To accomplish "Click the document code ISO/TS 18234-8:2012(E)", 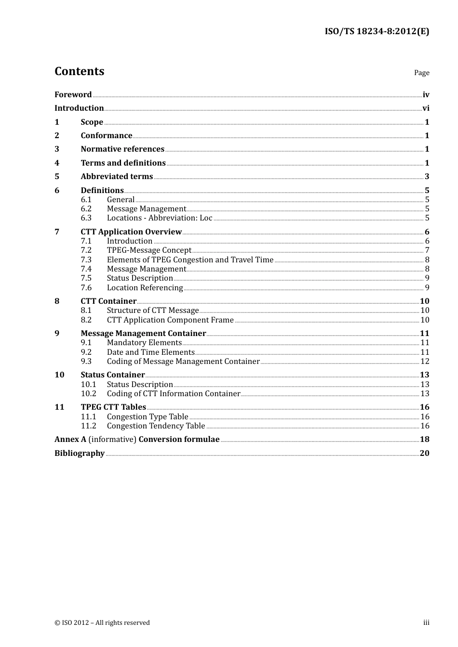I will click(377, 31).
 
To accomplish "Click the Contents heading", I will click(79, 71).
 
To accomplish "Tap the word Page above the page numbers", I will click(421, 73).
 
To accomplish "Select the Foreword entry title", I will click(73, 95).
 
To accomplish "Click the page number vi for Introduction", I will click(426, 108).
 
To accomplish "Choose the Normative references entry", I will click(122, 149).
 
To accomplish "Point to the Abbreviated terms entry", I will click(117, 177).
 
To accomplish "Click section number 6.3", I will click(86, 218).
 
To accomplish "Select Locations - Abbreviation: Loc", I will click(159, 218).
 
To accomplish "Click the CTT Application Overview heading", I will click(131, 232).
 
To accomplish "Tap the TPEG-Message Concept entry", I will click(149, 250).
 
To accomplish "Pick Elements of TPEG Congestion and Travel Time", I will click(190, 260).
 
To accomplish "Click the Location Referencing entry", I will click(145, 288).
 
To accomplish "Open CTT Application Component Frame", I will click(170, 320).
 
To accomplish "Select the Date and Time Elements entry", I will click(150, 352).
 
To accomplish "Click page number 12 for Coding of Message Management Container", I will click(425, 362).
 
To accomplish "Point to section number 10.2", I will click(88, 394).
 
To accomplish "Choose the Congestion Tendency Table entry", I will click(156, 426).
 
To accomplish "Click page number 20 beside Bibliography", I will click(424, 453).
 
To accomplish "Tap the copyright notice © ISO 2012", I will click(102, 623).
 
